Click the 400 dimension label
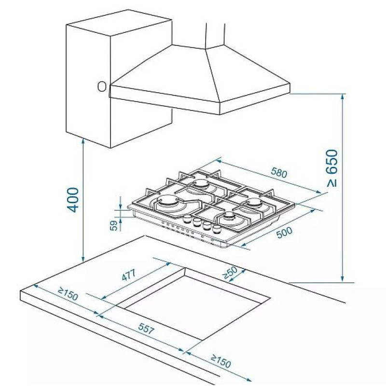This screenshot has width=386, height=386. [73, 200]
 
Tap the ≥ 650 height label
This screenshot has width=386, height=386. [332, 168]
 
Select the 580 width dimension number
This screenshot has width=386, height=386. [279, 173]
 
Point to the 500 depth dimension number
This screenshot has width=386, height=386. [284, 232]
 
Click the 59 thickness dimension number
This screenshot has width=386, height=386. [114, 225]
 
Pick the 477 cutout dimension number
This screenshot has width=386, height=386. [129, 275]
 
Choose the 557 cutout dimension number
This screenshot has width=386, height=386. [146, 329]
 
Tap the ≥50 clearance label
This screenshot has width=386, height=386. [230, 272]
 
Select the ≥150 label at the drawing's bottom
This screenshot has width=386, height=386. [221, 360]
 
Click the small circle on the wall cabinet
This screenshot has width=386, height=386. [102, 87]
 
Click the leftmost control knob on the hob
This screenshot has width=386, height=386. [188, 218]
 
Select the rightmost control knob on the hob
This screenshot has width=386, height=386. [217, 229]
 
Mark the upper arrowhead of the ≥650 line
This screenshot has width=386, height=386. [342, 96]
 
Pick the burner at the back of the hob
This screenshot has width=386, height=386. [201, 184]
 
